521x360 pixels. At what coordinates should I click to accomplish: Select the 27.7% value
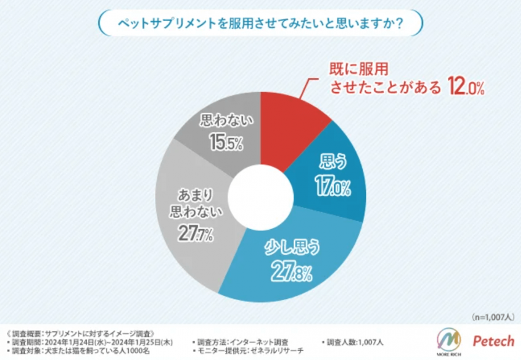(194, 235)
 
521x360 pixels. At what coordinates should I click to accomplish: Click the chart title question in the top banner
(260, 23)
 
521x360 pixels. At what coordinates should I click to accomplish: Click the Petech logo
(494, 341)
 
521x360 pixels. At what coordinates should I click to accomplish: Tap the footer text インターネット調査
(261, 342)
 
